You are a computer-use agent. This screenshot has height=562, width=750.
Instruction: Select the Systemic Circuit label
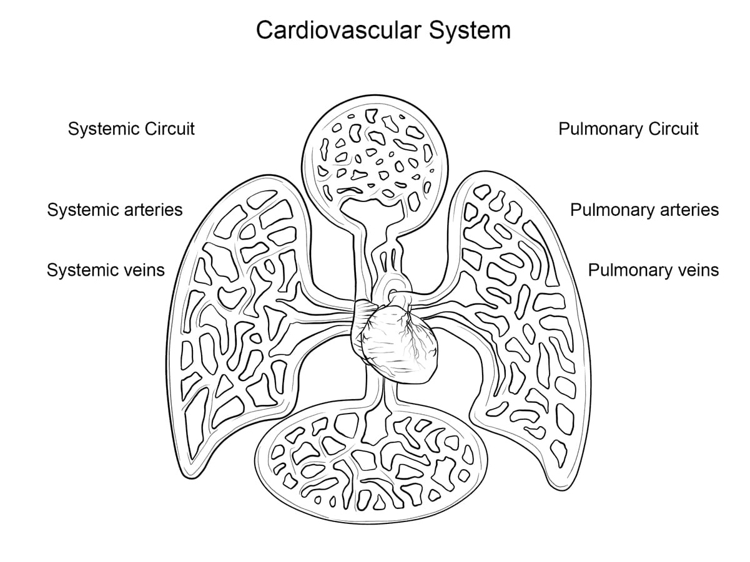[x=131, y=129]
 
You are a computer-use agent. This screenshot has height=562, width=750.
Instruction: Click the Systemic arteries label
[x=115, y=210]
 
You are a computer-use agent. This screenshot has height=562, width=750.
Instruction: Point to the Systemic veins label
[x=106, y=270]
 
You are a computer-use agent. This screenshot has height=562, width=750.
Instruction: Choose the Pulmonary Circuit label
[x=628, y=129]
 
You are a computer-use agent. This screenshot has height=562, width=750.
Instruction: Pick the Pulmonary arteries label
[x=644, y=210]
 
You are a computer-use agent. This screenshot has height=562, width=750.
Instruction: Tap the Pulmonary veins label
[x=653, y=270]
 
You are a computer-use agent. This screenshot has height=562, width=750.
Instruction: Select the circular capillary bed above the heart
[x=375, y=150]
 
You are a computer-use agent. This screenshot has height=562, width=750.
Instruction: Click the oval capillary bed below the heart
[x=375, y=462]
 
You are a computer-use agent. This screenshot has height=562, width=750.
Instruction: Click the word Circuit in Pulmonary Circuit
[x=673, y=129]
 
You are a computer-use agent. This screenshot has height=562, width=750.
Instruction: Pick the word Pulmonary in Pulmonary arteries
[x=610, y=210]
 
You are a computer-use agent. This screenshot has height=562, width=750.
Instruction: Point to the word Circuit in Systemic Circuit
[x=170, y=129]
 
